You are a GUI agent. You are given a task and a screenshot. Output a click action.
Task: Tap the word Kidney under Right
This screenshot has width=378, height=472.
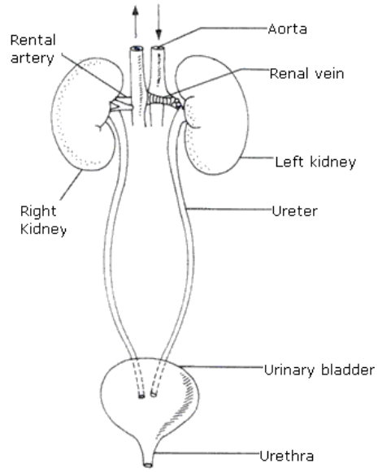coord(37,230)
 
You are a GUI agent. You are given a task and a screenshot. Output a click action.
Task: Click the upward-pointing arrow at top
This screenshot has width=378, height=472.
coord(133,16)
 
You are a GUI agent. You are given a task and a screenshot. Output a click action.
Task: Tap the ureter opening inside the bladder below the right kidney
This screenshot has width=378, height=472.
coord(142,397)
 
